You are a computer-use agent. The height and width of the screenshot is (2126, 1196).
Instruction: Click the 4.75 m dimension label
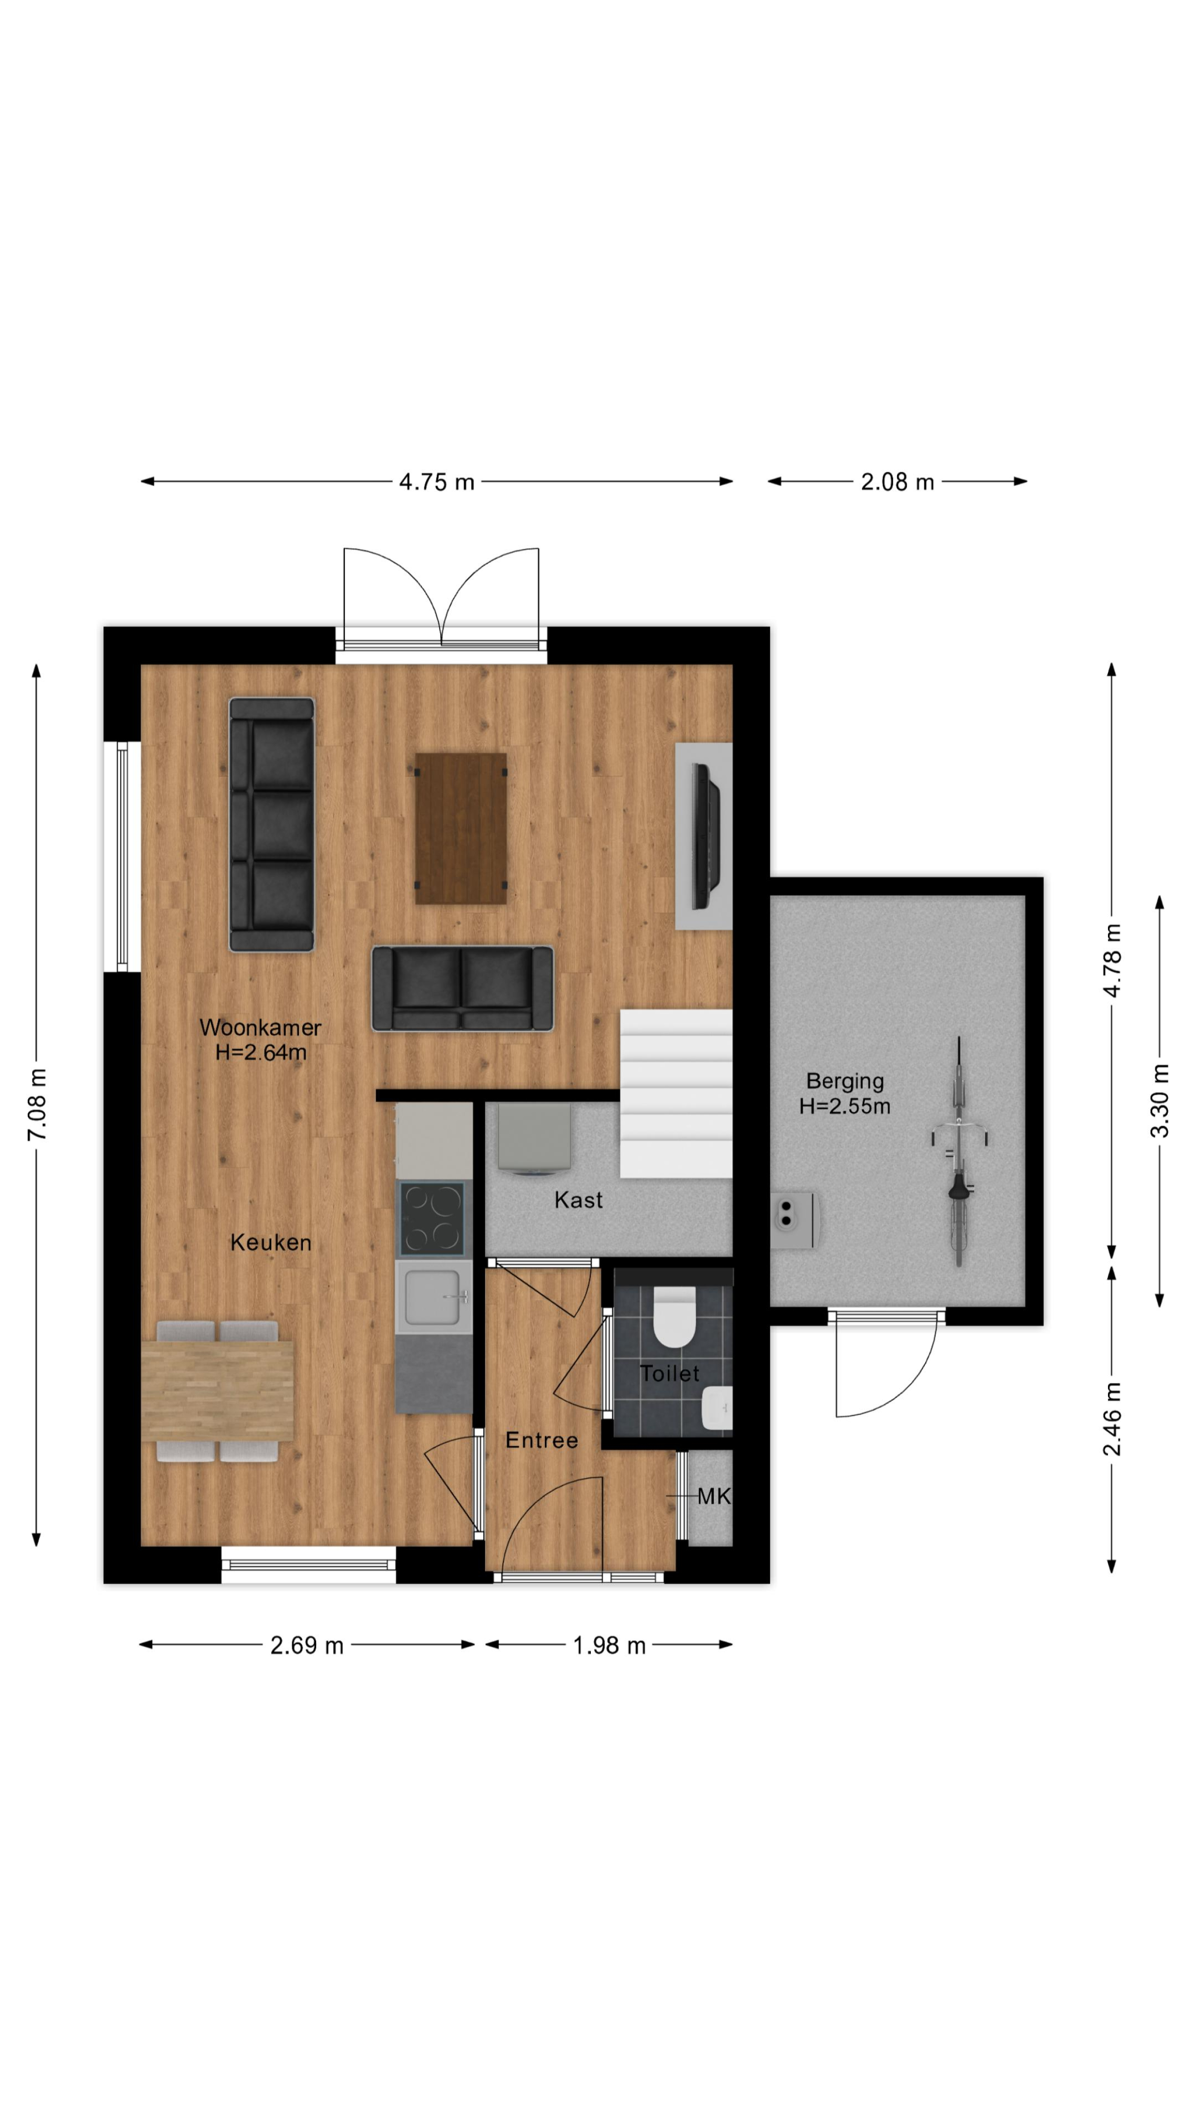tap(437, 481)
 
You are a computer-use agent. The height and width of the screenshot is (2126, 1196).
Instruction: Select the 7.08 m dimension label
tap(37, 1104)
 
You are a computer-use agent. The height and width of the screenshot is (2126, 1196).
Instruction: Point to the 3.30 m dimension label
tap(1160, 1100)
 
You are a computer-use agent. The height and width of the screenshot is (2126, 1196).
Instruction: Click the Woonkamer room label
tap(260, 1028)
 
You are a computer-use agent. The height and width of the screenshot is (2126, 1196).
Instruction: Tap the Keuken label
tap(271, 1242)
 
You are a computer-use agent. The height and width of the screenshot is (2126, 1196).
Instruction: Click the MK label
tap(714, 1496)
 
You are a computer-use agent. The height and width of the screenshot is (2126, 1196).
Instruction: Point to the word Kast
tap(578, 1200)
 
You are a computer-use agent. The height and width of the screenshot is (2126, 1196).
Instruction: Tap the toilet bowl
tap(675, 1317)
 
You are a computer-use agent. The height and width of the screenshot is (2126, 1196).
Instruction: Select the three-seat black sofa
tap(272, 824)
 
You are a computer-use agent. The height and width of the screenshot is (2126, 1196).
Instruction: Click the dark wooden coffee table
tap(461, 828)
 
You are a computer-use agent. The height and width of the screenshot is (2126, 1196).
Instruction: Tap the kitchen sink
tap(433, 1296)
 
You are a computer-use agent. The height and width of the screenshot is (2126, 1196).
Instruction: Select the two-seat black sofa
tap(462, 988)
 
